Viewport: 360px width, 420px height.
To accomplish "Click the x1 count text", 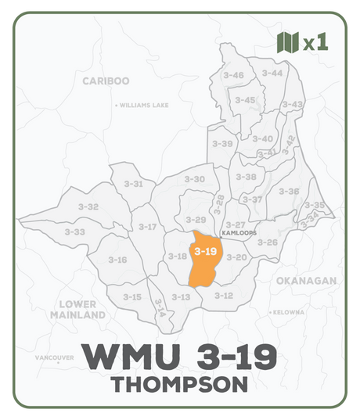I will pos(315,43).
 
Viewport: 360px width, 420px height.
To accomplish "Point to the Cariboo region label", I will pos(106,80).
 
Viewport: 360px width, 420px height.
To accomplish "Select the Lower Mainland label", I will pos(77,309).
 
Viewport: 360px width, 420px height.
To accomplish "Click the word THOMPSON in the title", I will pos(179,385).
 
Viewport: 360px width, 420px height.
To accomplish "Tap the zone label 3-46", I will pos(233,75).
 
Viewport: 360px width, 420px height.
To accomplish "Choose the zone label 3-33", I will pos(74,232).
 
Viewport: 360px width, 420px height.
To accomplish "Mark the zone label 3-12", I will pos(223,296).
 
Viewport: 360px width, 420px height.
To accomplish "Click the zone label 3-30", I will pos(194,179).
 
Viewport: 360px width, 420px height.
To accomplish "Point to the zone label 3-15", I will pos(131,297).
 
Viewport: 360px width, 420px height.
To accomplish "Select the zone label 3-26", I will pos(267,242).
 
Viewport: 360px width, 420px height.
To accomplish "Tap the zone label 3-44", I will pos(272,73).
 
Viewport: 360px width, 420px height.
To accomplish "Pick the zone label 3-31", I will pos(133,184).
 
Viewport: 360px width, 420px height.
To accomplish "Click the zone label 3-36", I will pos(289,191).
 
